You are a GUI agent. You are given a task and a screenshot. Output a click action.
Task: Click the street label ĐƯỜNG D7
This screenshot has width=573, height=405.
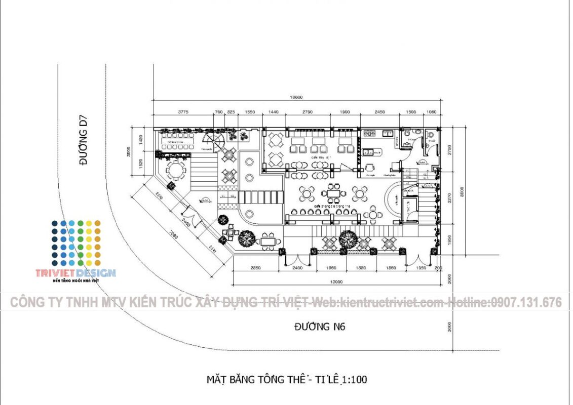pos(83,141)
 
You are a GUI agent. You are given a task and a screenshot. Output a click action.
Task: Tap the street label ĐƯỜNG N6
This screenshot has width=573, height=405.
pos(320,327)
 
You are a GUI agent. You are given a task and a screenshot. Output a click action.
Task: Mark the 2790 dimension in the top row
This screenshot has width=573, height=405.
pos(307,112)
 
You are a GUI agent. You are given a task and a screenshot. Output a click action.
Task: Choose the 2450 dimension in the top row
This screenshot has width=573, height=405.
pos(379,112)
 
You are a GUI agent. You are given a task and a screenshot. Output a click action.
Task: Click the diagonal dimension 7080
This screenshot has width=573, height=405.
pos(168,234)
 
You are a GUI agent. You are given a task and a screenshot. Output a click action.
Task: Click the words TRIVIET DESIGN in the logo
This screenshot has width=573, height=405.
pos(75,273)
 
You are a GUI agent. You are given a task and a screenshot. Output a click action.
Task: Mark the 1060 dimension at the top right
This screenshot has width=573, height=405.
pos(432,112)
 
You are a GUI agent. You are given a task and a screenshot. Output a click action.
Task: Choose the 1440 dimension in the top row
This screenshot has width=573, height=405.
pos(274,112)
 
